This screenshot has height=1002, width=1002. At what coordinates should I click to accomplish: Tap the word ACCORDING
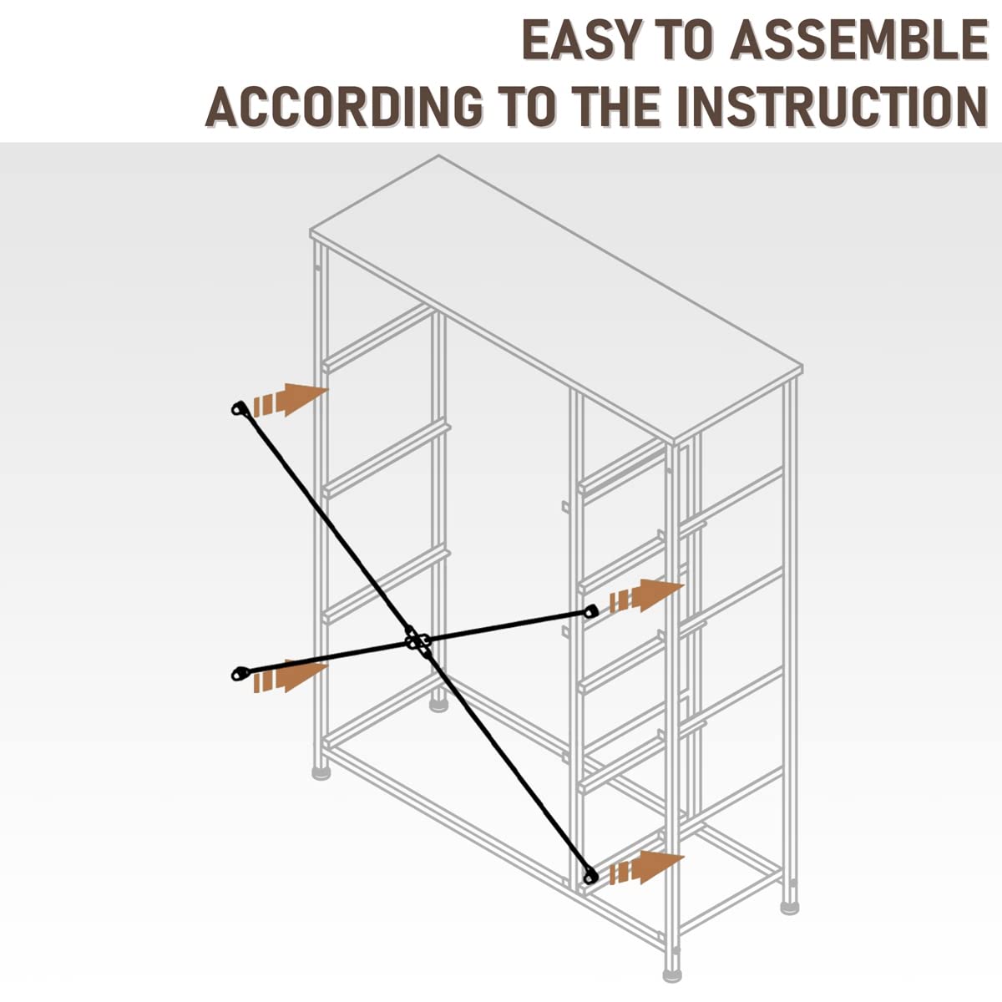344,106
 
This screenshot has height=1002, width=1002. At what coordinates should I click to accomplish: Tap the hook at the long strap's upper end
240,409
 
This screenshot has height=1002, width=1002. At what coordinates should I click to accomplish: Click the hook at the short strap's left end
240,673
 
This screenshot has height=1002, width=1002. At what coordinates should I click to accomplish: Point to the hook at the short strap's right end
591,612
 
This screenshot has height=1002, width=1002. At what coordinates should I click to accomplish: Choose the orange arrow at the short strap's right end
647,596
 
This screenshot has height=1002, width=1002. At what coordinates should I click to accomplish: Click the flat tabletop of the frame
555,296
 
